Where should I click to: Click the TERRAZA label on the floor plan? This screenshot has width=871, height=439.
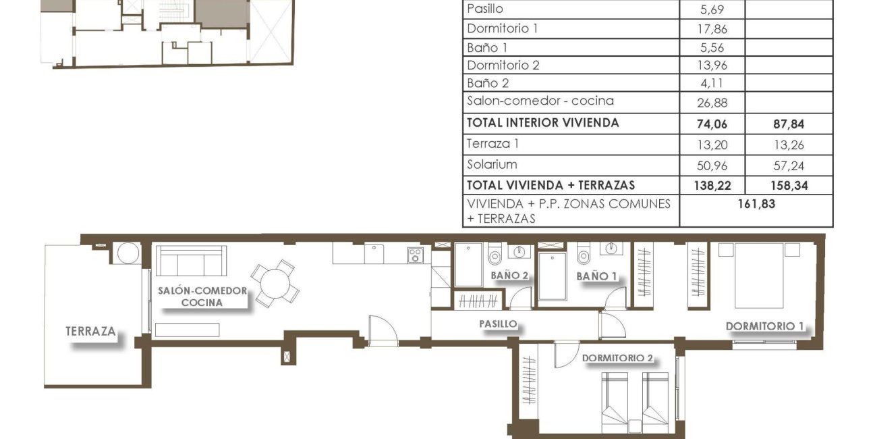(x=90, y=332)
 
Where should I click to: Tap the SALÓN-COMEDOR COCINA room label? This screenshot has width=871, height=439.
(x=202, y=296)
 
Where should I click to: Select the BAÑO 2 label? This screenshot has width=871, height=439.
(x=509, y=276)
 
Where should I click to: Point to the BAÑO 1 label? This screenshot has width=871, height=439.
(x=596, y=276)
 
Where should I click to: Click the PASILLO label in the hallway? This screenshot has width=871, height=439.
(x=498, y=324)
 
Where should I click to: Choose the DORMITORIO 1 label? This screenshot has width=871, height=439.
(x=764, y=326)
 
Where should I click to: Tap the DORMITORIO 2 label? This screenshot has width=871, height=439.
(x=617, y=358)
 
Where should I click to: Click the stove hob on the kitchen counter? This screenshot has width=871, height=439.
(x=415, y=255)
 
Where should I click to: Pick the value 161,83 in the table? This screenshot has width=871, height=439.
(x=756, y=204)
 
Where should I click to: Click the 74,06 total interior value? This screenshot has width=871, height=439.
(x=712, y=124)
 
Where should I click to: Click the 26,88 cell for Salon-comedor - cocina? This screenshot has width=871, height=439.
(x=712, y=103)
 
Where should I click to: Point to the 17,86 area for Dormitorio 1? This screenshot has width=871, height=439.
(x=712, y=30)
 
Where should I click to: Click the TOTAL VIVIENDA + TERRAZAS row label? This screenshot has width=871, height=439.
(x=551, y=185)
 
